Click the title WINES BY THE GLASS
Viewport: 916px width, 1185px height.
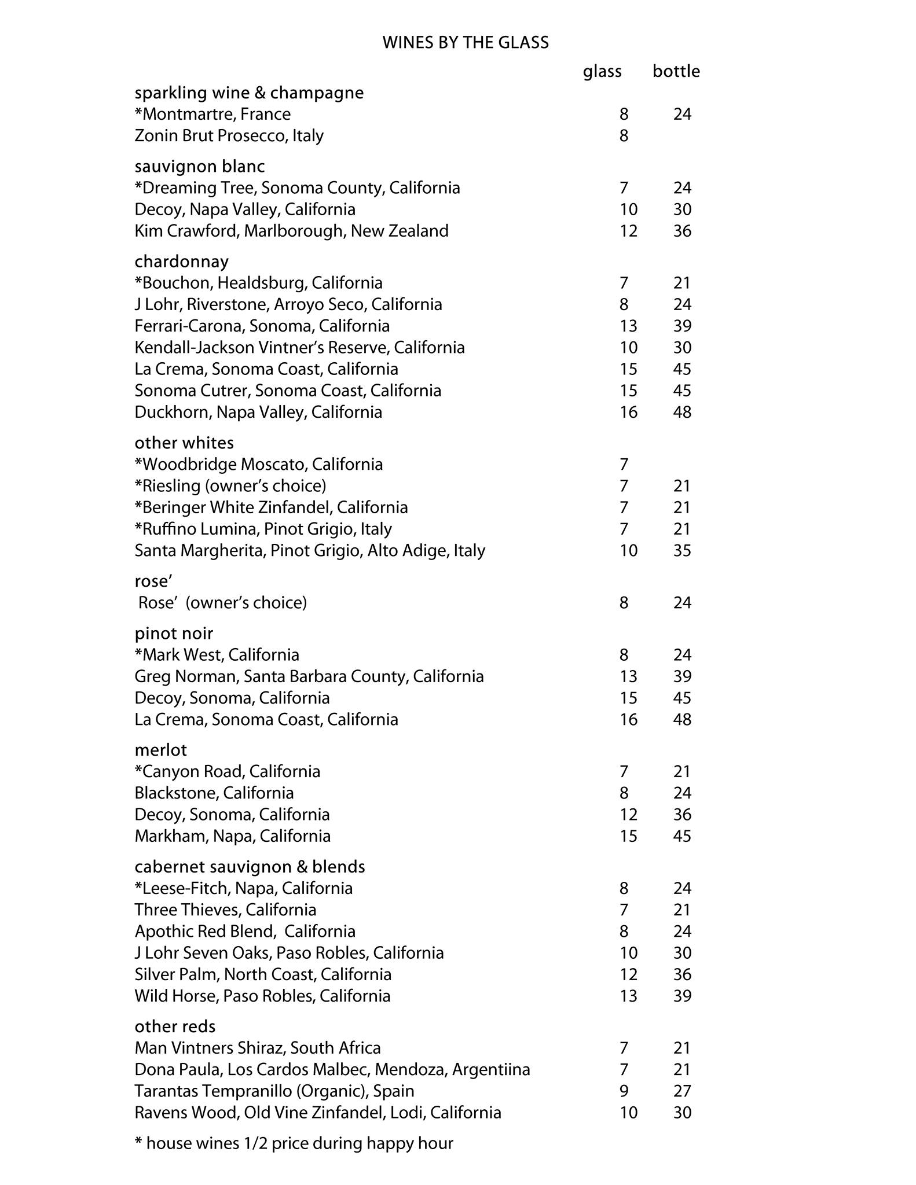(x=465, y=43)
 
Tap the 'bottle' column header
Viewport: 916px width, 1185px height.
(x=676, y=71)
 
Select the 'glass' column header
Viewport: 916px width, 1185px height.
(x=602, y=71)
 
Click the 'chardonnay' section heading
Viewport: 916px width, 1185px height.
(x=181, y=262)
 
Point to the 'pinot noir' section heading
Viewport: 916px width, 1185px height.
(x=174, y=633)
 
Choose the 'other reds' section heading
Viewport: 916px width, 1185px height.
(x=175, y=1026)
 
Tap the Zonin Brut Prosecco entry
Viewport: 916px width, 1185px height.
(x=229, y=136)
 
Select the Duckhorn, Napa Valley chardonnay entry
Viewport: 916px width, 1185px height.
(x=258, y=413)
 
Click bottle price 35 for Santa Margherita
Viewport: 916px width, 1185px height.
(x=682, y=550)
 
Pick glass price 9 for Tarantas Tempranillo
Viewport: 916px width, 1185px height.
(x=624, y=1091)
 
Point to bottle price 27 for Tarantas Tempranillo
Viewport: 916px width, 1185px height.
(x=682, y=1091)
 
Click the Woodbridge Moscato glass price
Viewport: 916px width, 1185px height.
(x=624, y=465)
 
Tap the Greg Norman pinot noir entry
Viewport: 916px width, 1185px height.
(x=309, y=676)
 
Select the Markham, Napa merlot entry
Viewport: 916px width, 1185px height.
(x=232, y=836)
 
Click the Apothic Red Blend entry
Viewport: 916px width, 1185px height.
(x=245, y=932)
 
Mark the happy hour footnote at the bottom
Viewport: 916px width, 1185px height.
(x=294, y=1143)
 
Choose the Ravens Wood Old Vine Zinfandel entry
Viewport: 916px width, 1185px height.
(x=317, y=1113)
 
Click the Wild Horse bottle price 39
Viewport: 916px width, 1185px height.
(x=682, y=996)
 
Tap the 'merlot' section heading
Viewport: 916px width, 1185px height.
(x=160, y=750)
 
